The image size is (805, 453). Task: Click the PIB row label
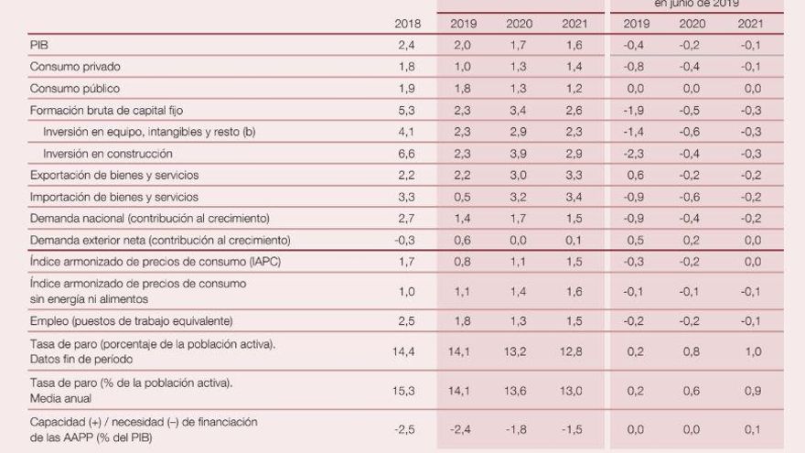[39, 46]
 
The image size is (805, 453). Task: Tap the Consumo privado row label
[75, 67]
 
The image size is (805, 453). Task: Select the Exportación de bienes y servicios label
[114, 175]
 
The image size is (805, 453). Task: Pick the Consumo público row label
[75, 89]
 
